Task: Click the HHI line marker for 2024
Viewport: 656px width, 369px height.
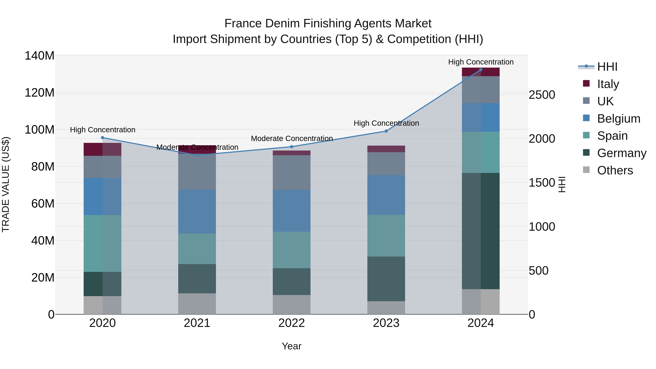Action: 481,70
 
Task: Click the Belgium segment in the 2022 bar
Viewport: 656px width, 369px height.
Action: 292,211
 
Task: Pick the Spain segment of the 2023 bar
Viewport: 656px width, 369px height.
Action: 386,236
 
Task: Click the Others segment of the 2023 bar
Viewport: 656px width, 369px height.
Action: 386,308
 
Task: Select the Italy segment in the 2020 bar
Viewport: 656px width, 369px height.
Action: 102,149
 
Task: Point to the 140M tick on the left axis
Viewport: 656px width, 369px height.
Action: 40,56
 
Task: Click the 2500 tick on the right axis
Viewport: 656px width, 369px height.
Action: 542,95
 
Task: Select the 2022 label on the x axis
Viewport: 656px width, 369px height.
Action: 292,323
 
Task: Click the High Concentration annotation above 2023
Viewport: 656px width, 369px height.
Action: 386,123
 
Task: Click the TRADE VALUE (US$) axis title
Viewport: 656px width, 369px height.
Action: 6,184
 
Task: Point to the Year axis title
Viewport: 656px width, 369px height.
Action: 292,346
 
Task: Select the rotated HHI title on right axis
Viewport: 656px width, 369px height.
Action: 562,184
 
